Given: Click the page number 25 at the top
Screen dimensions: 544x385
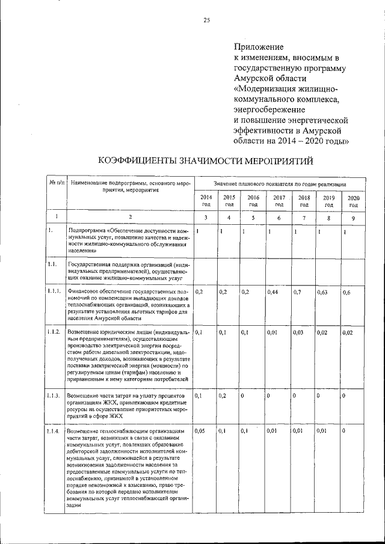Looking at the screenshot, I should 206,20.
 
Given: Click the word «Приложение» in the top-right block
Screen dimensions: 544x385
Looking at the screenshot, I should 258,46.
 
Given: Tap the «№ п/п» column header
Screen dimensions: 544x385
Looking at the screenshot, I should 55,182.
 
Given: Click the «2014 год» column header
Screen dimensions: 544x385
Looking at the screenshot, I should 205,201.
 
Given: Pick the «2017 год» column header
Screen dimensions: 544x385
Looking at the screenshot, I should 279,201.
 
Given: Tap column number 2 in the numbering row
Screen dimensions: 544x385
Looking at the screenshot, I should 129,217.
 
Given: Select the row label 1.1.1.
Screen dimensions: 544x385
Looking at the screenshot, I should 55,291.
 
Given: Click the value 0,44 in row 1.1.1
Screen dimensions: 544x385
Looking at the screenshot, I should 274,291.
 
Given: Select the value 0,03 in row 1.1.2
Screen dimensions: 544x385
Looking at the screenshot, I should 297,332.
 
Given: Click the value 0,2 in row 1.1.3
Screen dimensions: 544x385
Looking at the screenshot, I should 223,396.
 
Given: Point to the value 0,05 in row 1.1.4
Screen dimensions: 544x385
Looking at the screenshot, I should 201,431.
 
